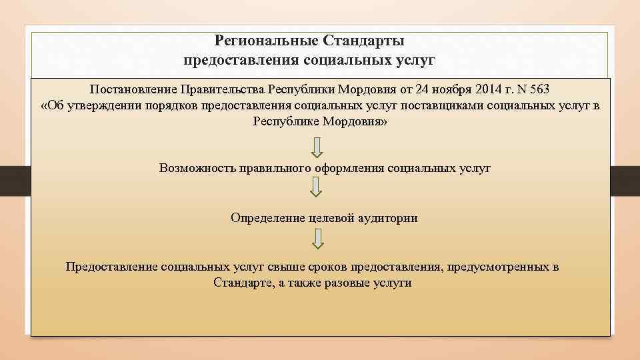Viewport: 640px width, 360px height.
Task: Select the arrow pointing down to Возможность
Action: (317, 147)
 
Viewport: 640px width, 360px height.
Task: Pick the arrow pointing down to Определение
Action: (317, 189)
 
